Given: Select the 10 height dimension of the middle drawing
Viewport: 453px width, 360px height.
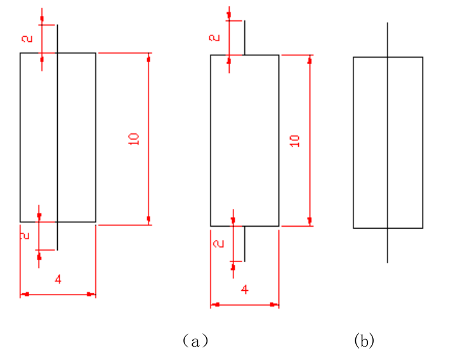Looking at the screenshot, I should (294, 141).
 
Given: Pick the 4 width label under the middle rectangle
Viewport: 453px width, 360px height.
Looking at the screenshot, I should (245, 290).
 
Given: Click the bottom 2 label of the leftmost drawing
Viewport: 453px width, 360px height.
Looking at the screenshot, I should (26, 236).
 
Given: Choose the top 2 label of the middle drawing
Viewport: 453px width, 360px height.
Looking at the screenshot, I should (215, 37).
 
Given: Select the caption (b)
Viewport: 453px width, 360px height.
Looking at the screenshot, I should (364, 341).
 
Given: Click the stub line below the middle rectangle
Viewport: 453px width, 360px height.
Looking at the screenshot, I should (245, 243).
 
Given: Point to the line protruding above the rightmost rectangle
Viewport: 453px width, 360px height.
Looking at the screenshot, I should (388, 39).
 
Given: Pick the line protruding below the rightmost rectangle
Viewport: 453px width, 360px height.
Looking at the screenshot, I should (388, 245).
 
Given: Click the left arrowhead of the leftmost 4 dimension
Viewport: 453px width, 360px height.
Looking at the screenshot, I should (24, 294).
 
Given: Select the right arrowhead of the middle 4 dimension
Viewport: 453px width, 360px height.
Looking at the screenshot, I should (275, 305).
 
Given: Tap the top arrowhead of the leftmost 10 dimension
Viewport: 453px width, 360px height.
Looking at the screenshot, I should (148, 58).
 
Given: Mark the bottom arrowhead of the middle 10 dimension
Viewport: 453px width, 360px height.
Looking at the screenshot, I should (310, 221).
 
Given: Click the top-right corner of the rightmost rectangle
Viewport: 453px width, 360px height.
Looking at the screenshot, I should (423, 57).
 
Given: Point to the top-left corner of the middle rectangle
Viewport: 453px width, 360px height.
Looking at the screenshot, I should (211, 55).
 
